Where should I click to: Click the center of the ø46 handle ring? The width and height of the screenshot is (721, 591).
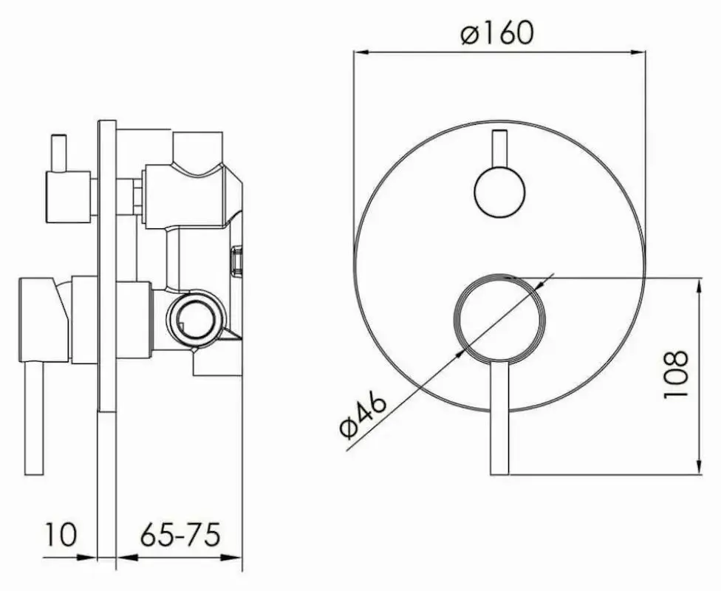(x=499, y=318)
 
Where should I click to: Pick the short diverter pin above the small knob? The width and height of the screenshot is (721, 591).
(x=499, y=150)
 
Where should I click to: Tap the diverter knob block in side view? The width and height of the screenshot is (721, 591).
(x=68, y=197)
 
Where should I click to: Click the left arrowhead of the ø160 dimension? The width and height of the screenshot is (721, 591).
(x=359, y=50)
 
